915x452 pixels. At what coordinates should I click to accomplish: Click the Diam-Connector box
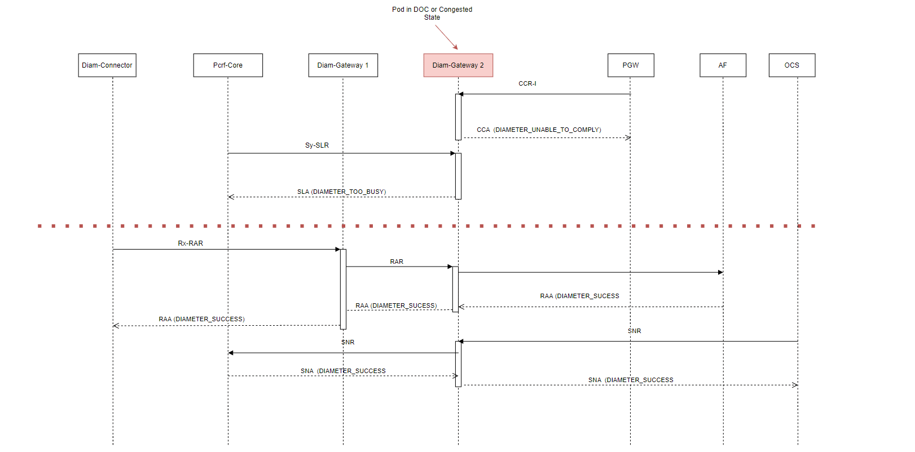point(107,65)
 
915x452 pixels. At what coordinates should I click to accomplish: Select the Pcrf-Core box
point(228,65)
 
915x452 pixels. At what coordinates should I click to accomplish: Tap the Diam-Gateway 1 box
point(343,65)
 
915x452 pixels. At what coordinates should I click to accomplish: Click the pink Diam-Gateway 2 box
point(458,65)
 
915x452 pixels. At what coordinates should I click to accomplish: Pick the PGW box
point(631,65)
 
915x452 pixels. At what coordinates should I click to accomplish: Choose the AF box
point(723,65)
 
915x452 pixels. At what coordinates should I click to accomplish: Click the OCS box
point(791,65)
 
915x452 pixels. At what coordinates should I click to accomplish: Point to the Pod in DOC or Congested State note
point(432,14)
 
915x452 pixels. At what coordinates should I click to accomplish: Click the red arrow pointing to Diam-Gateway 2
point(446,37)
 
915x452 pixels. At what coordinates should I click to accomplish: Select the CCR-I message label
point(527,83)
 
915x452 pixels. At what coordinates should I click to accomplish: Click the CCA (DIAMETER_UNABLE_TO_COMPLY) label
point(539,130)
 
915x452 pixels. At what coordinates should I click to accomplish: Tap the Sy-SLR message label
point(317,145)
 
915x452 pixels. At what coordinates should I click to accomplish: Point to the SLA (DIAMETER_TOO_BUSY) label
point(341,192)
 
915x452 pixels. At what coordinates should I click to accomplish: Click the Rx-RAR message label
point(191,243)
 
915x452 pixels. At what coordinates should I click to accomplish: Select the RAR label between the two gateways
point(397,262)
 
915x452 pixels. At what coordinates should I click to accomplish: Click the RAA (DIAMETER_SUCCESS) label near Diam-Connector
point(201,319)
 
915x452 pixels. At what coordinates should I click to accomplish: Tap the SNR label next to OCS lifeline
point(634,331)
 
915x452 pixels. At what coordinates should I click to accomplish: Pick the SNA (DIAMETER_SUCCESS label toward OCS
point(631,380)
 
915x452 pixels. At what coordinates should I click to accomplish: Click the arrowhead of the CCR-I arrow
point(461,94)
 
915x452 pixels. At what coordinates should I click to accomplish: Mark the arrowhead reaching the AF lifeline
point(720,272)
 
